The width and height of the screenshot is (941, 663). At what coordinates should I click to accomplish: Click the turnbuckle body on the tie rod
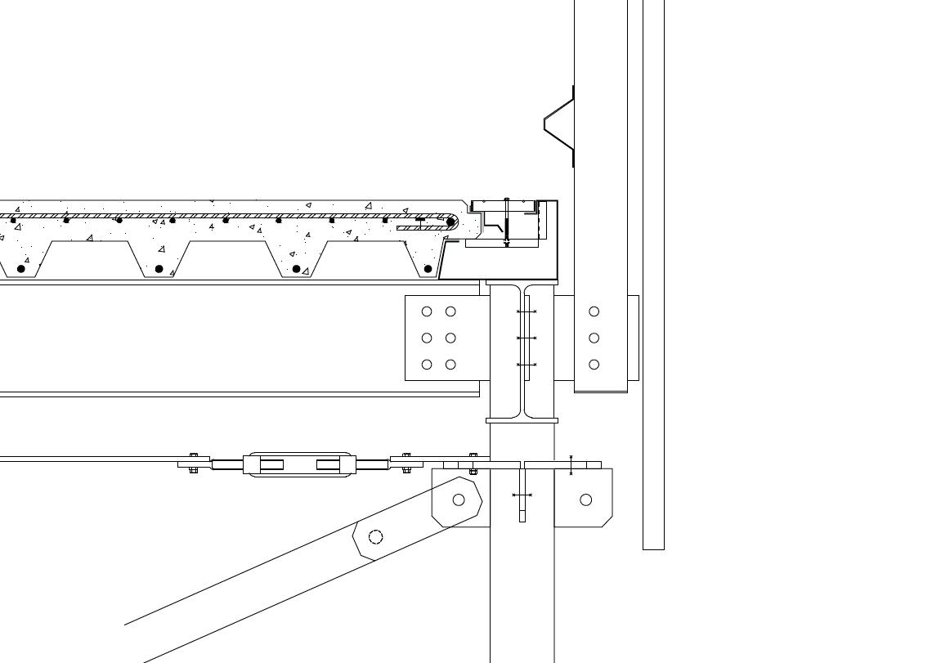[x=300, y=464]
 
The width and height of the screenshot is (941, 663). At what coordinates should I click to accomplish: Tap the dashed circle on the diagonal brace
[x=375, y=536]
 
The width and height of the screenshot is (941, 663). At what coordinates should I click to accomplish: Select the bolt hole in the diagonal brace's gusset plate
[x=459, y=499]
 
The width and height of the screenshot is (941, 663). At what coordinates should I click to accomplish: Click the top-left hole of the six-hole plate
[x=426, y=311]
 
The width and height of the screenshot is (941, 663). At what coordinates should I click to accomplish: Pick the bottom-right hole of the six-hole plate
[x=450, y=365]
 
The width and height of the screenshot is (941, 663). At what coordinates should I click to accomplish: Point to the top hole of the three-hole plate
[x=594, y=311]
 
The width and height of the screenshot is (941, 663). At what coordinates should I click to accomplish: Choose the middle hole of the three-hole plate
[x=594, y=338]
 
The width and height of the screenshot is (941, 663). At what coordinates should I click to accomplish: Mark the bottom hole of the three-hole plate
[x=594, y=365]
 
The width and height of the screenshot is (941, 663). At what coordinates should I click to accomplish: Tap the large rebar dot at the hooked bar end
[x=450, y=222]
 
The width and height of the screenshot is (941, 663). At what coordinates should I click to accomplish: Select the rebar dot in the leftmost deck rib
[x=21, y=268]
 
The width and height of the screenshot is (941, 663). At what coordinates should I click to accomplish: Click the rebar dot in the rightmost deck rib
[x=428, y=268]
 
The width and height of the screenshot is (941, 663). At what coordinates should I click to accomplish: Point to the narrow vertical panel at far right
[x=653, y=274]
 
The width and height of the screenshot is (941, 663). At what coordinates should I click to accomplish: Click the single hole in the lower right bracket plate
[x=585, y=499]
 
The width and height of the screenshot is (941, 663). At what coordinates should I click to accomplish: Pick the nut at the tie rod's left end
[x=194, y=463]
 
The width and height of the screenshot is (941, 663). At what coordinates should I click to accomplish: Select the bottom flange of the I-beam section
[x=522, y=420]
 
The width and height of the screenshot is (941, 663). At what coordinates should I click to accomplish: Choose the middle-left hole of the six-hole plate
[x=426, y=338]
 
